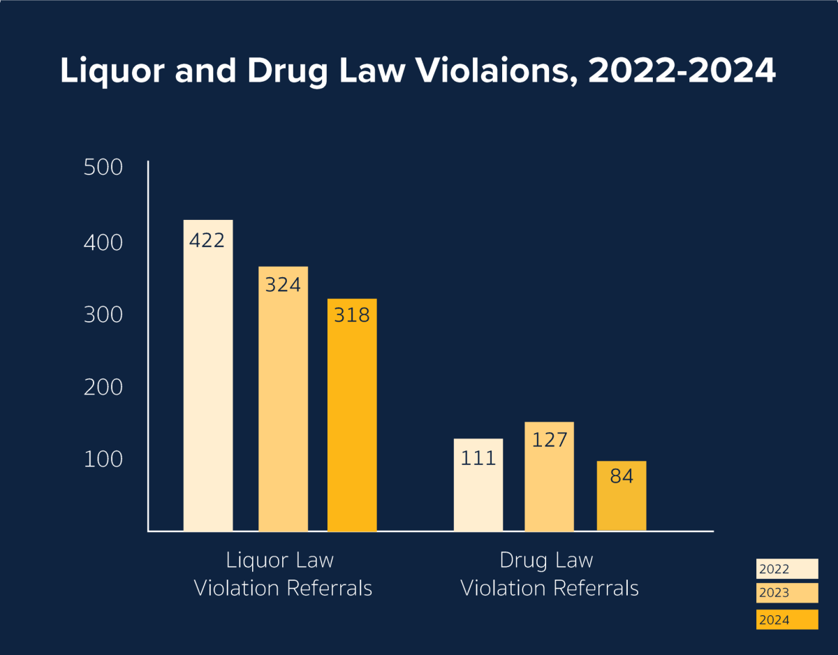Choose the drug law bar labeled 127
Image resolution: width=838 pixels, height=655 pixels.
click(549, 482)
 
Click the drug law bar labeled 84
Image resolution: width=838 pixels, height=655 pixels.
click(622, 499)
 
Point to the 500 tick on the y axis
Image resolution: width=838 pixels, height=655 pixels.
click(103, 168)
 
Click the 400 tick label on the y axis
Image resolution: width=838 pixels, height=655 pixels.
click(103, 243)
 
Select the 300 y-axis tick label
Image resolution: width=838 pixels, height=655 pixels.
click(103, 315)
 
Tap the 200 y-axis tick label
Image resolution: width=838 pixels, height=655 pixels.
click(103, 387)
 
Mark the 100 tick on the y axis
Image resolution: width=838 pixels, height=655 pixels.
click(103, 459)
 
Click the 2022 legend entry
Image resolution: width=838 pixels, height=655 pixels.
click(786, 569)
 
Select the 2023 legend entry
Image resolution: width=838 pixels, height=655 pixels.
click(786, 593)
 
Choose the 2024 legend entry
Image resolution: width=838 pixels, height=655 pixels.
click(786, 619)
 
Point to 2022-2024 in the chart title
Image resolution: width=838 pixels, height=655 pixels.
click(682, 71)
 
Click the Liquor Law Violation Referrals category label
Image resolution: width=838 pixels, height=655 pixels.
click(282, 574)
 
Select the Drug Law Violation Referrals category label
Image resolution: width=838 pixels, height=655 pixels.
click(549, 574)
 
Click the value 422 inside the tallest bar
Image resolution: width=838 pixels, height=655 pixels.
click(207, 240)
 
